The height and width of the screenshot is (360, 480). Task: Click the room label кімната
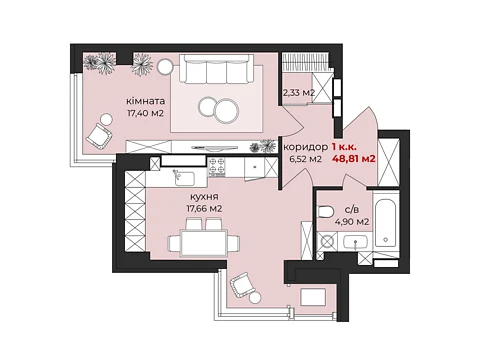tap(145, 101)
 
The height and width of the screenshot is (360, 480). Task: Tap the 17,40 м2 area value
tap(145, 113)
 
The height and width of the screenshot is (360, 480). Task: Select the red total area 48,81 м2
tap(354, 159)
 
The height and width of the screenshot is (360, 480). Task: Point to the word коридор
tap(305, 147)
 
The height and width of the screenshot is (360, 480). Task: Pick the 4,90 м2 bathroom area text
tap(352, 221)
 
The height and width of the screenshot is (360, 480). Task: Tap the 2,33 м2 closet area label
tap(299, 93)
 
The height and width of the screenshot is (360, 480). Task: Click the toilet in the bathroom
tap(325, 212)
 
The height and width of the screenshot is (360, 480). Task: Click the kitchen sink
tap(184, 178)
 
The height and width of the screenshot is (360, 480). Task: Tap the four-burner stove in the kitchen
tap(217, 167)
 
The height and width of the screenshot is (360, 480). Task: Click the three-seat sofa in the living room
tap(216, 69)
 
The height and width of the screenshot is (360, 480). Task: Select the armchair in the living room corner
tap(98, 136)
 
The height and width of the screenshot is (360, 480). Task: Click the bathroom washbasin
tap(356, 242)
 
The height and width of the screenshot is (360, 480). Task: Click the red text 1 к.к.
tap(345, 146)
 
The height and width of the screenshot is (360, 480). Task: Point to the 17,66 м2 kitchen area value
tap(204, 209)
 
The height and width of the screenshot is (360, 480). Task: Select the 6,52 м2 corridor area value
tap(306, 159)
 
